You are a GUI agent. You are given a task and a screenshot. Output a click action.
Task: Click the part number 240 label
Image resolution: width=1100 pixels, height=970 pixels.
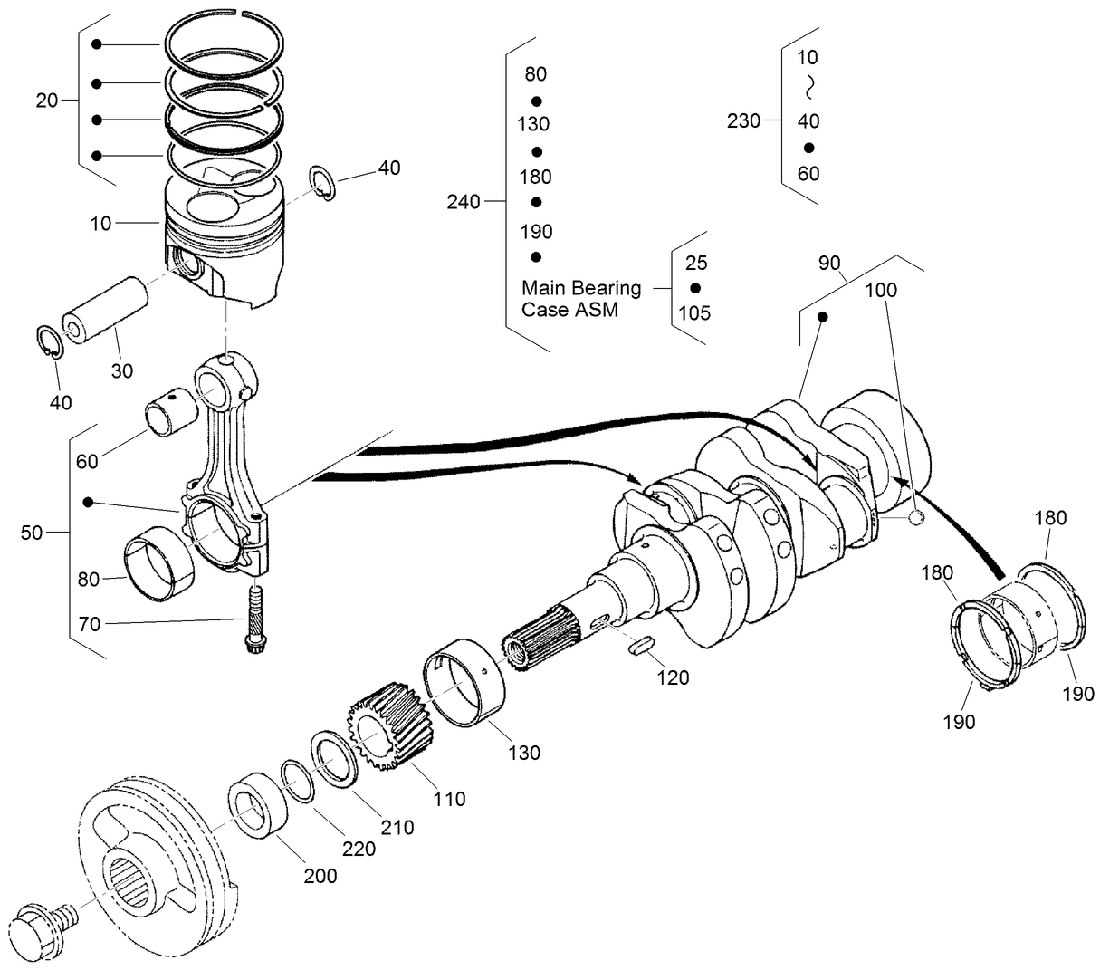click(464, 202)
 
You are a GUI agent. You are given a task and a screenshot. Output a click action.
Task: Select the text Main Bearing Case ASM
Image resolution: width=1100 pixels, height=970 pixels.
click(581, 298)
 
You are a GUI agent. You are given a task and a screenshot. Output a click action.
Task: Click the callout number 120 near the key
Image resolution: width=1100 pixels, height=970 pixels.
click(673, 677)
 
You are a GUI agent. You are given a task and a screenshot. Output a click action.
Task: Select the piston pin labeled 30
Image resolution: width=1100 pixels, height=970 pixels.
click(104, 311)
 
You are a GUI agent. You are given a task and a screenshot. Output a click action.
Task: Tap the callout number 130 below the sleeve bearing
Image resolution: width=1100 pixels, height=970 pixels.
click(524, 752)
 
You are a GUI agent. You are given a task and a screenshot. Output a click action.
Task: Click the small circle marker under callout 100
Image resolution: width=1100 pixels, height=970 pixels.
click(915, 518)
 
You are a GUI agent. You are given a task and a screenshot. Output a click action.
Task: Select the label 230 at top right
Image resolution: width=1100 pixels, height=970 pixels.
click(743, 120)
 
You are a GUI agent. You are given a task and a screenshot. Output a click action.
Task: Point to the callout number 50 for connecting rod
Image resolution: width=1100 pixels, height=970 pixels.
click(32, 533)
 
